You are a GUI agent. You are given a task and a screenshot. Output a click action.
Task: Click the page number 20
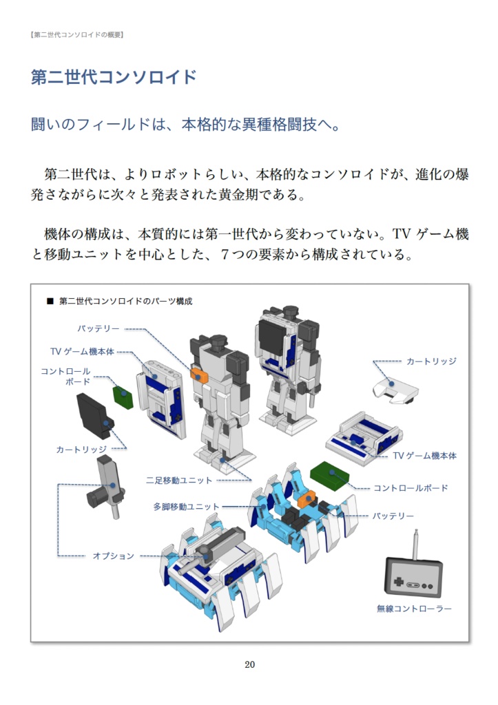tap(249, 664)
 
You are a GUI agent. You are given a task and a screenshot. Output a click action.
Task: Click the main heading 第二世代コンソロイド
tap(114, 76)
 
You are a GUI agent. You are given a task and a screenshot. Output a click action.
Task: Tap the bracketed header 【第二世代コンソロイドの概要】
tap(76, 34)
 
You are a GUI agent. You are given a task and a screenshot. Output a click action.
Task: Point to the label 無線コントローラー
tap(414, 609)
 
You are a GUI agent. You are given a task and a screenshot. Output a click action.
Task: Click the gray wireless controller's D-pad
tap(399, 580)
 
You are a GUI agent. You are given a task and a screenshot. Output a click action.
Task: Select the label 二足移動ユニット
tap(179, 480)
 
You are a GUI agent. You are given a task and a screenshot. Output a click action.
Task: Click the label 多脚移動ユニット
tap(186, 507)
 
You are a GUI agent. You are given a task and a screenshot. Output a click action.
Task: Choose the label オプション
tap(114, 556)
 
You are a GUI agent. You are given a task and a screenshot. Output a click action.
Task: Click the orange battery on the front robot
tap(199, 375)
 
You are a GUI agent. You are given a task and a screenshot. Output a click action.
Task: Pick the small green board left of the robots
tap(123, 397)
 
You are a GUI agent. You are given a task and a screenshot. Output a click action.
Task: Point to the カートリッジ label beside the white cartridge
tap(431, 361)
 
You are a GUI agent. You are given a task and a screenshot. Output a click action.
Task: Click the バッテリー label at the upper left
tap(98, 329)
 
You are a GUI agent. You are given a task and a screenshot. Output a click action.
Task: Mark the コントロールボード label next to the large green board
tap(411, 488)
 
